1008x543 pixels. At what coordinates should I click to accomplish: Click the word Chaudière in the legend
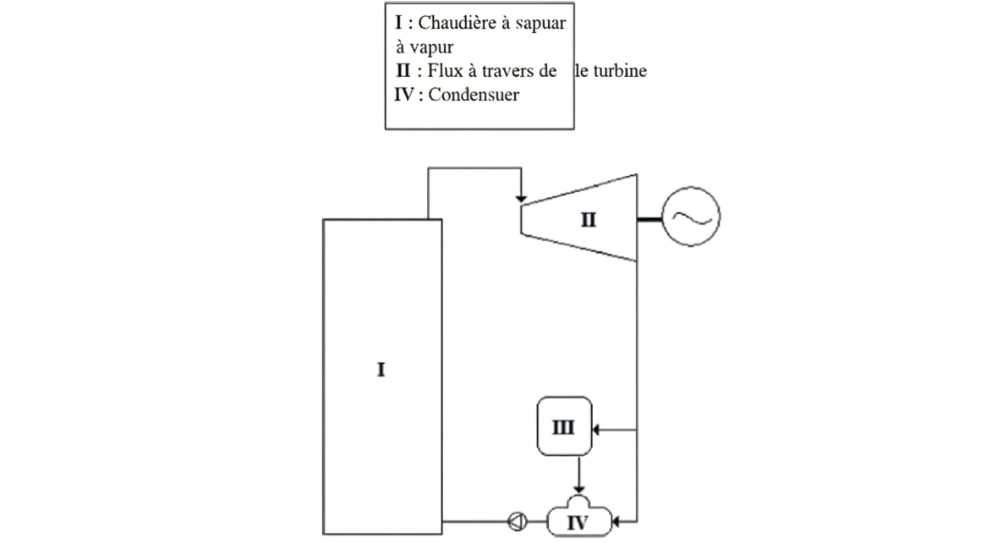pos(457,23)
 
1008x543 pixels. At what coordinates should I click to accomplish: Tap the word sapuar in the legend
pos(540,25)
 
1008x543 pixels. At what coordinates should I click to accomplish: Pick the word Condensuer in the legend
pos(474,95)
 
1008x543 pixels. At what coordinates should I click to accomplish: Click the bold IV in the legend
pos(403,95)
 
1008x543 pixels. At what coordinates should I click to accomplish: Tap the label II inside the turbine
pos(589,220)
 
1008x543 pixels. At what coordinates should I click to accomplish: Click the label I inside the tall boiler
pos(381,370)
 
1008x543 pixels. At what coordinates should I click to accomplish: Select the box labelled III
pos(564,426)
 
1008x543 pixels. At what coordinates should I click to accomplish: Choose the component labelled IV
pos(578,518)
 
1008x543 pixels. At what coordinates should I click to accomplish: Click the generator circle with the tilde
pos(691,217)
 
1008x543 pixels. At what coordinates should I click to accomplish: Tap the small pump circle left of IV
pos(518,521)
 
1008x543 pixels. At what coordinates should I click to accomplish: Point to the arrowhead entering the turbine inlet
pos(522,200)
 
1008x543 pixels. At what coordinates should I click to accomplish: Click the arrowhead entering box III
pos(595,430)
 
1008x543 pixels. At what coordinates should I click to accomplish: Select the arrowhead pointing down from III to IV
pos(579,490)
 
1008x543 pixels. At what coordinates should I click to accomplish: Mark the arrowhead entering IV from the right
pos(616,522)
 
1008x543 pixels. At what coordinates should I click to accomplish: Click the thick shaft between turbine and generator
pos(649,220)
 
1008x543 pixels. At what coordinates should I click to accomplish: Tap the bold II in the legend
pos(403,70)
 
